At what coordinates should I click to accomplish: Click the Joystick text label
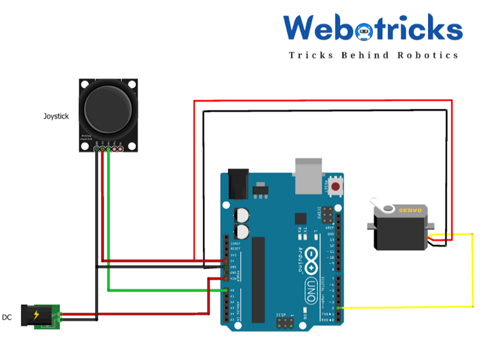[56, 116]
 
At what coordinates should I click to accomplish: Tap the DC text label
[7, 317]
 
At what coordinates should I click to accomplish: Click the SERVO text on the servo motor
[410, 210]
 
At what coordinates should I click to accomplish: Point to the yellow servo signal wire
[473, 272]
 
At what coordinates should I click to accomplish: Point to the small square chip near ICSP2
[301, 219]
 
